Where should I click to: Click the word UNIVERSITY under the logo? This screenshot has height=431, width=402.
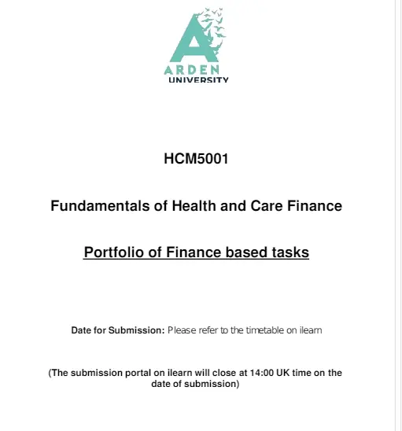(199, 79)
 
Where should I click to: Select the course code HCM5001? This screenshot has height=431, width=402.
(196, 158)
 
